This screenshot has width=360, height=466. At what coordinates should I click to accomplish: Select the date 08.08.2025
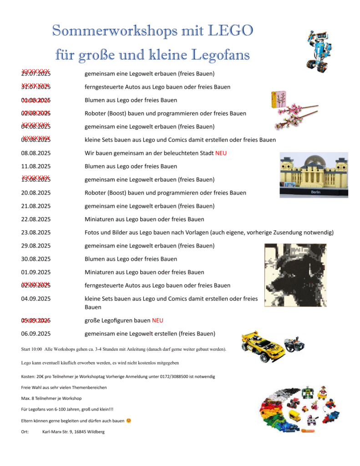pyautogui.click(x=35, y=153)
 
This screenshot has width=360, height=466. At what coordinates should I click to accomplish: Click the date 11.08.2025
pyautogui.click(x=35, y=167)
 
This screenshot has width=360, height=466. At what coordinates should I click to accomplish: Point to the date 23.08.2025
pyautogui.click(x=35, y=233)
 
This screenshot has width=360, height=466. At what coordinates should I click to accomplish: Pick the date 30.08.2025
pyautogui.click(x=35, y=259)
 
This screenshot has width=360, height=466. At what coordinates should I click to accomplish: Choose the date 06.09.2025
pyautogui.click(x=35, y=334)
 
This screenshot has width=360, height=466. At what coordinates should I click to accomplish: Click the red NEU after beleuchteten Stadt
pyautogui.click(x=221, y=153)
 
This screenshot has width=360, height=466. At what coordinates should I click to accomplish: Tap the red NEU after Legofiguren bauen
pyautogui.click(x=157, y=320)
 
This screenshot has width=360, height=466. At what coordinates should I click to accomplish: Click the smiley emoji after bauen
pyautogui.click(x=129, y=420)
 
